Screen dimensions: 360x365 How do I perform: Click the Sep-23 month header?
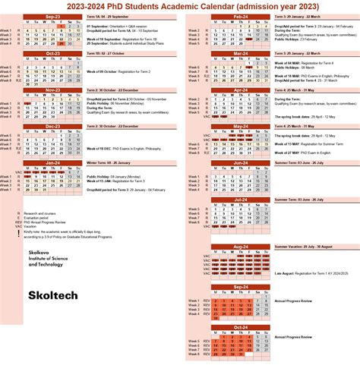click(x=53, y=16)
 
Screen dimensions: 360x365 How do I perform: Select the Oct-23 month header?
click(x=53, y=53)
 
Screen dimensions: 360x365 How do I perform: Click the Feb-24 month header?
click(x=240, y=16)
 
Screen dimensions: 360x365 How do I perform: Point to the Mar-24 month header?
click(x=240, y=53)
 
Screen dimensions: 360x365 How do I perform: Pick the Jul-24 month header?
click(x=240, y=199)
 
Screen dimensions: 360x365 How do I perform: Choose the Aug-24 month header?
click(x=240, y=247)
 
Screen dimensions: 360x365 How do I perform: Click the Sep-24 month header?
click(x=240, y=287)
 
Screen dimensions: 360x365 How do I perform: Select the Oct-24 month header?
click(x=240, y=326)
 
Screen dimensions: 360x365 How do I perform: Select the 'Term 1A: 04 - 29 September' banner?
click(x=113, y=16)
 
